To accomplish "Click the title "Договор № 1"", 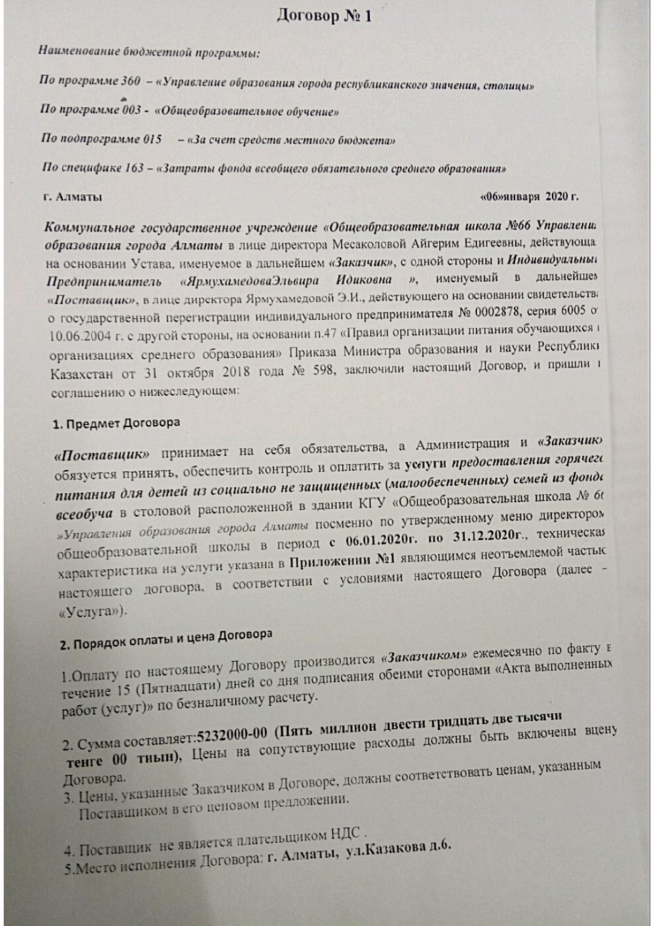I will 324,16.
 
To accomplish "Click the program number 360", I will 130,81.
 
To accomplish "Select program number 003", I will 132,110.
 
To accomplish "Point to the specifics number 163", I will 134,168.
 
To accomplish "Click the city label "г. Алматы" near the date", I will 73,197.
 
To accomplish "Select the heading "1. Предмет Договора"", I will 116,424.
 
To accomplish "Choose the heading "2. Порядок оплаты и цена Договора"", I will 166,639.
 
